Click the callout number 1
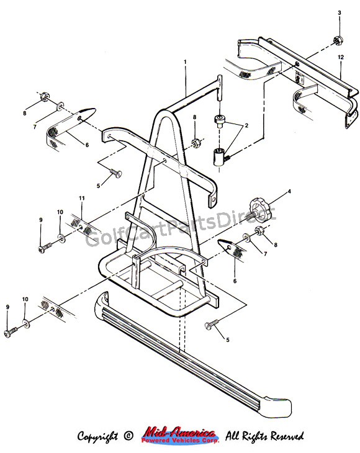tap(185, 61)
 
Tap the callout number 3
tap(340, 12)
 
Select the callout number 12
tap(341, 57)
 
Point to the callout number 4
tap(289, 191)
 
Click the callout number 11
tap(82, 198)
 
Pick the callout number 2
tap(246, 125)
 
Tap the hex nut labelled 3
tap(338, 40)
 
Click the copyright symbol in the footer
tap(128, 436)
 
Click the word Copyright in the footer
tap(97, 436)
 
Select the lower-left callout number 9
tap(7, 307)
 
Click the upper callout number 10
tap(60, 212)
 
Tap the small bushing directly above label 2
tap(218, 120)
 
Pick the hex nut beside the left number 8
tap(44, 96)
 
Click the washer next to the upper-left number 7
tap(60, 105)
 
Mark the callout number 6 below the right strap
tap(235, 281)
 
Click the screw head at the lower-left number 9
tap(8, 333)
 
